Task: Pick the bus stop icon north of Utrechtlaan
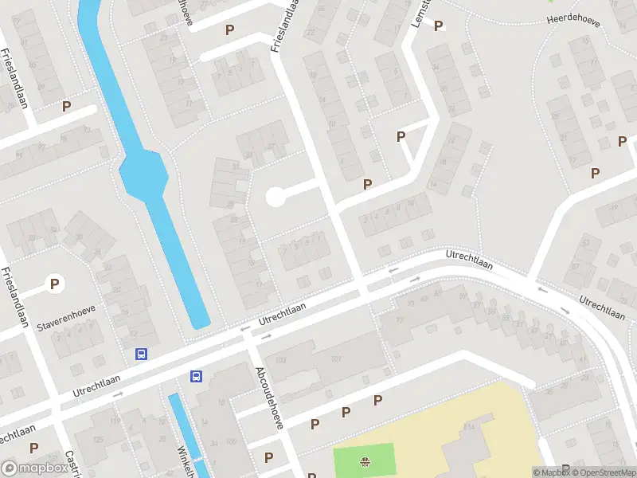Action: (142, 355)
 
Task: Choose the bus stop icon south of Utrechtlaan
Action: (196, 376)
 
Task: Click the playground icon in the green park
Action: (365, 460)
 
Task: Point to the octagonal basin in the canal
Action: (143, 172)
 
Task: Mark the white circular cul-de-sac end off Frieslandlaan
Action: (275, 196)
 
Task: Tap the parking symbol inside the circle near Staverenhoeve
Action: (54, 283)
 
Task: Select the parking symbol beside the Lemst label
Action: (437, 26)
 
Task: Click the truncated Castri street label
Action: (72, 463)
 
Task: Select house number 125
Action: (99, 440)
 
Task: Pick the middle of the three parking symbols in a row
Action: (346, 413)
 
